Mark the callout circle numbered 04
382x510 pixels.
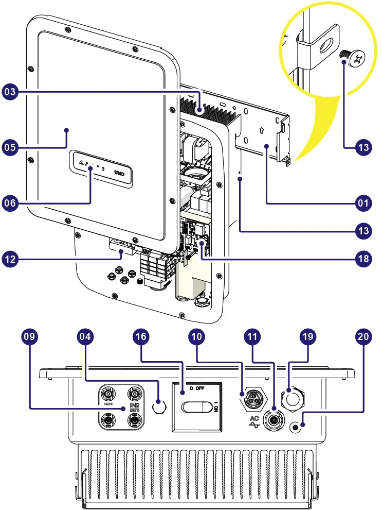[x=85, y=337]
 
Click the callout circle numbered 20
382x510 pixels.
[x=363, y=337]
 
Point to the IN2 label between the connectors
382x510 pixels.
[x=135, y=406]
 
